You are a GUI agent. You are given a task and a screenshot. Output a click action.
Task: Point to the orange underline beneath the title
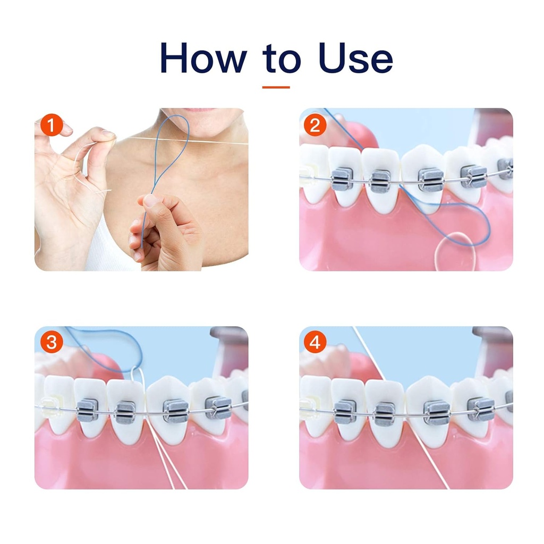point(276,87)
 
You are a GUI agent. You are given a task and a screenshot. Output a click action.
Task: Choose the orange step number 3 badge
point(51,343)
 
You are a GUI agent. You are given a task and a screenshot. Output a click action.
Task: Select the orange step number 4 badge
point(315,343)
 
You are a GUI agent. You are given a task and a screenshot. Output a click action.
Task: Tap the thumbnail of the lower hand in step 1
point(151,201)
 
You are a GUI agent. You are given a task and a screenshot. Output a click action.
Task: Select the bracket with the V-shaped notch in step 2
point(473,176)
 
